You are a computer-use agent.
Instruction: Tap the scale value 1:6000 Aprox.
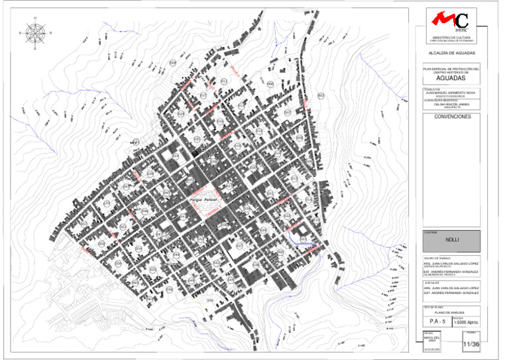467,322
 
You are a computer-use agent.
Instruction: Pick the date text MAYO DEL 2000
431,339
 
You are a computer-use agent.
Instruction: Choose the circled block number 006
270,84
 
